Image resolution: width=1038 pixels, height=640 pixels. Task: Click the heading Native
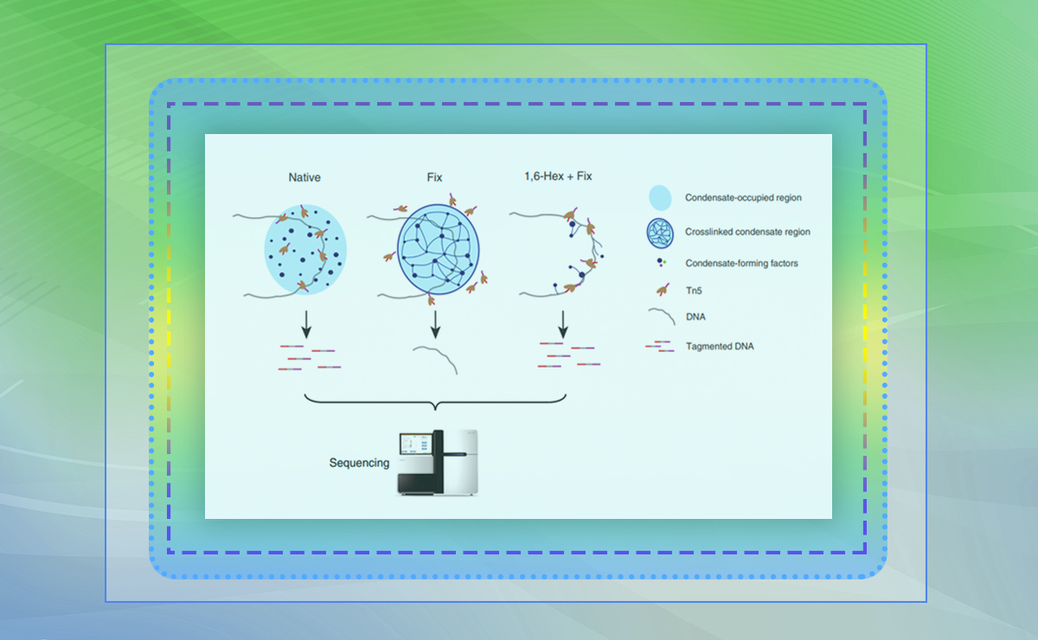(x=304, y=177)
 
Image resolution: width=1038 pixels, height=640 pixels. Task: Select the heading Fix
(x=434, y=177)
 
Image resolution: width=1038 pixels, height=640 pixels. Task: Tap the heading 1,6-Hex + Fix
(x=558, y=177)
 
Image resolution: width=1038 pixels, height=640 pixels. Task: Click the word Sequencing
(x=359, y=463)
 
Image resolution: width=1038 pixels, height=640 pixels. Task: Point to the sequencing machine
(x=437, y=462)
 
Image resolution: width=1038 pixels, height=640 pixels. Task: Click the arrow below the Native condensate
(x=305, y=323)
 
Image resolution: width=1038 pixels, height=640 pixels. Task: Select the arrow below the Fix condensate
(x=435, y=323)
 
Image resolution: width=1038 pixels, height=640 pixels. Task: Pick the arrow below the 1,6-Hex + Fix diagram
(x=563, y=323)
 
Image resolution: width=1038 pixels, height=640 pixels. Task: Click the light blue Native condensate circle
(x=305, y=247)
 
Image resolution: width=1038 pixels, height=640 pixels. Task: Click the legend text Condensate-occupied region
(x=743, y=198)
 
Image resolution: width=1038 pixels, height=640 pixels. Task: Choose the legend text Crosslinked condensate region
(x=747, y=232)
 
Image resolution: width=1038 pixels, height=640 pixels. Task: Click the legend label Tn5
(x=694, y=291)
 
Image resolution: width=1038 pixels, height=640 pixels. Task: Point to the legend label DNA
(x=695, y=317)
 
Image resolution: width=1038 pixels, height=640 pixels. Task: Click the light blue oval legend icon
(x=659, y=198)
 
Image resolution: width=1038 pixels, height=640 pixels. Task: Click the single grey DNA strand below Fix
(x=435, y=357)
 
